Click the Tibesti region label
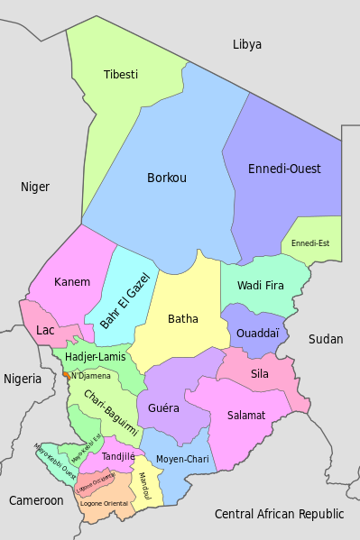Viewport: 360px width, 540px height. click(120, 74)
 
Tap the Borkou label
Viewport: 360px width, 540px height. click(167, 178)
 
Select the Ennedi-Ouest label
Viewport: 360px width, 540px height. click(284, 169)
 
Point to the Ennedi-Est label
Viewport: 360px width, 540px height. click(310, 243)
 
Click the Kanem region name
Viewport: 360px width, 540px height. click(72, 281)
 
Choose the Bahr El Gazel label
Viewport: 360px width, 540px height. click(125, 299)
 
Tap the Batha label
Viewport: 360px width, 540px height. click(183, 318)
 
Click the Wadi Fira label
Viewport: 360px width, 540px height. click(261, 286)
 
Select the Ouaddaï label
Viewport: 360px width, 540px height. click(257, 333)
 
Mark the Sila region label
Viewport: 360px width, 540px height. click(260, 373)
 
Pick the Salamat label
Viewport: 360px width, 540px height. click(245, 416)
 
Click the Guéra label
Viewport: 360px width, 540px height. click(163, 407)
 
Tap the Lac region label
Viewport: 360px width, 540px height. click(45, 330)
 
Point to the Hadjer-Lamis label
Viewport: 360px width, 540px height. click(96, 357)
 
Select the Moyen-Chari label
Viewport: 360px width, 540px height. click(182, 460)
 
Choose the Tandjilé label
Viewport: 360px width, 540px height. click(118, 457)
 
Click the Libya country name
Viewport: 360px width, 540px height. click(246, 44)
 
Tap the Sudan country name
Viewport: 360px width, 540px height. click(326, 339)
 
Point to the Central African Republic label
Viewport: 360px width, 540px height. click(279, 514)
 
